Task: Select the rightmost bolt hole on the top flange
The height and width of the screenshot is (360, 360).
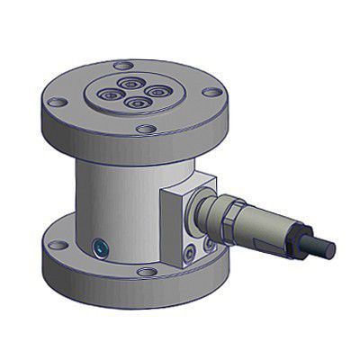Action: tap(209, 91)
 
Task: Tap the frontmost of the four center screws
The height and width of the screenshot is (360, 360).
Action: tap(135, 103)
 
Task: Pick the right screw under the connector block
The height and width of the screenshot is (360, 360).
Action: tap(209, 243)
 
